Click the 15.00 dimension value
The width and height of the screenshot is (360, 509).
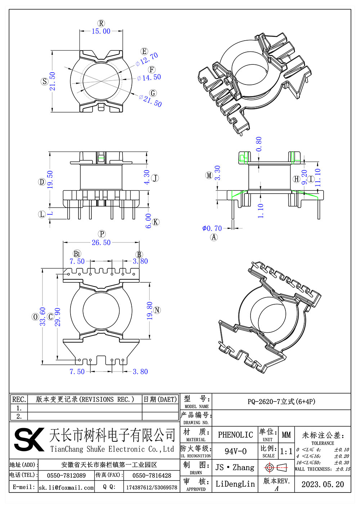click(x=101, y=31)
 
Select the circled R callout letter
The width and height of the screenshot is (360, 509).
click(x=101, y=23)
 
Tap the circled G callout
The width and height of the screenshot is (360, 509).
click(x=153, y=93)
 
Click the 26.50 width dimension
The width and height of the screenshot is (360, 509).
click(x=101, y=243)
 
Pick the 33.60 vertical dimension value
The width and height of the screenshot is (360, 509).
click(x=42, y=317)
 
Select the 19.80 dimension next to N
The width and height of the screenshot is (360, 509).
click(x=149, y=311)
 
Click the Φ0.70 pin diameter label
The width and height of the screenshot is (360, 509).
click(x=212, y=228)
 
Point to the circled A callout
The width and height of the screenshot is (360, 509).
click(x=214, y=237)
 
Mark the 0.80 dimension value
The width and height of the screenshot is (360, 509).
click(x=259, y=144)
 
